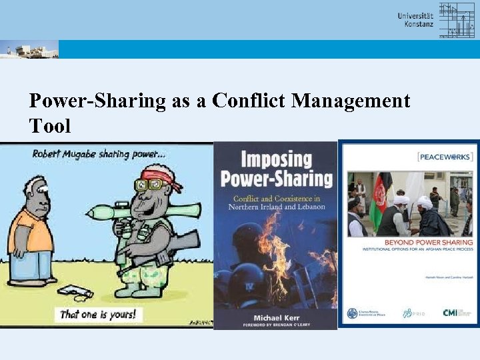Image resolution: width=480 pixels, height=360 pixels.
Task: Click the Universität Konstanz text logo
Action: click(x=415, y=20)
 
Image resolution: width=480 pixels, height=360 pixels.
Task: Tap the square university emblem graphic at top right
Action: click(x=457, y=20)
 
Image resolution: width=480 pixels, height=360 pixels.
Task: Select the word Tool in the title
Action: click(x=50, y=125)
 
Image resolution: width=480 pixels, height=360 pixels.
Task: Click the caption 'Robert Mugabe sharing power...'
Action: click(x=99, y=154)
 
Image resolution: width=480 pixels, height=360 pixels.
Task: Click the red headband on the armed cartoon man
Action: click(x=154, y=178)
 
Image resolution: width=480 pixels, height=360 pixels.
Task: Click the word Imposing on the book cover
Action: click(x=275, y=160)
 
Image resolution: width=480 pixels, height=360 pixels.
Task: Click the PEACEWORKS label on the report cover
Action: click(x=445, y=157)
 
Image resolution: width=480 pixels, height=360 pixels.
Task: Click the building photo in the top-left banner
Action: click(x=29, y=50)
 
